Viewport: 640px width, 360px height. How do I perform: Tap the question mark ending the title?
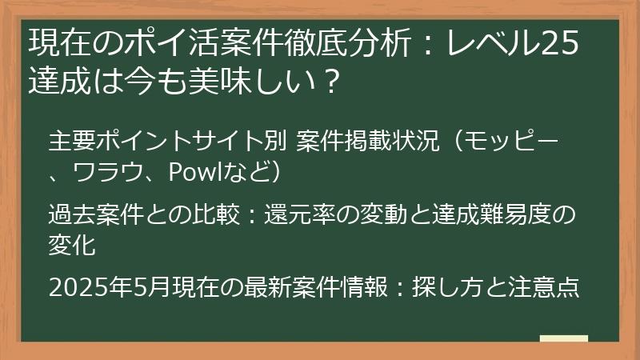pyautogui.click(x=321, y=82)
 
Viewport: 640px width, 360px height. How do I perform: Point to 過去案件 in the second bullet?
pyautogui.click(x=86, y=216)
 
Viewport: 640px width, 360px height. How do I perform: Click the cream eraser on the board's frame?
pyautogui.click(x=563, y=339)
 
